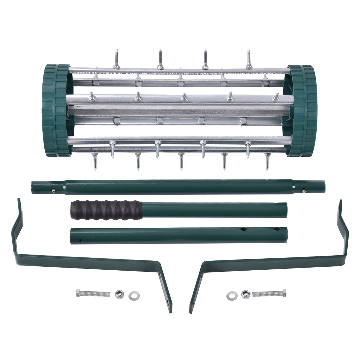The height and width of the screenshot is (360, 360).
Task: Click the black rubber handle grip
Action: [x=106, y=210]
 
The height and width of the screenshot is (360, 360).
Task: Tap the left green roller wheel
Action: [x=56, y=110]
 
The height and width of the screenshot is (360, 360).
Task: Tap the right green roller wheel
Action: [x=303, y=111]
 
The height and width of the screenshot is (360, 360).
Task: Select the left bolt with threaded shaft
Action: [x=93, y=293]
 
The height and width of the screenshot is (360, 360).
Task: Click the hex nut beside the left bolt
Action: [x=119, y=294]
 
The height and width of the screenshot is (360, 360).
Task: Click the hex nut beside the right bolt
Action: [x=246, y=294]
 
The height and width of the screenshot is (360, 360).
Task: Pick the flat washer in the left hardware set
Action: [x=134, y=295]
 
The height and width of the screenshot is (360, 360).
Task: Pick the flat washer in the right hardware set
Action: [x=232, y=295]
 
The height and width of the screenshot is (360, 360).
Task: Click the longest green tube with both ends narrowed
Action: [x=178, y=187]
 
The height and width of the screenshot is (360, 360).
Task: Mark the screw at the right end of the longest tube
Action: [x=304, y=191]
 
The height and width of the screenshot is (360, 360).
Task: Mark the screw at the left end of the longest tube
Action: [x=53, y=191]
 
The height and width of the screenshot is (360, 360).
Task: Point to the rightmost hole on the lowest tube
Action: [x=276, y=229]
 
